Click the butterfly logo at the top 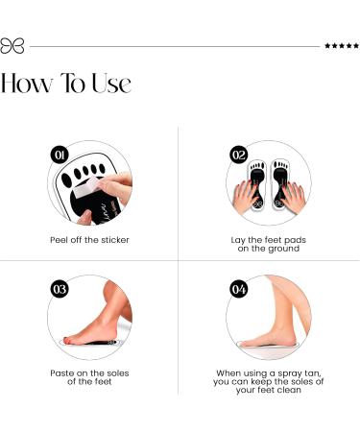[x=12, y=45]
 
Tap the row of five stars [x=341, y=45]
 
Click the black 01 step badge [x=60, y=154]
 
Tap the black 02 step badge [x=239, y=154]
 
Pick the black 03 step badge [x=60, y=288]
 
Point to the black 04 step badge [x=239, y=288]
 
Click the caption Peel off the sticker [x=89, y=239]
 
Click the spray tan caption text [x=269, y=381]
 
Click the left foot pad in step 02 [x=256, y=182]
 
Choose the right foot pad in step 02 [x=280, y=182]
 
